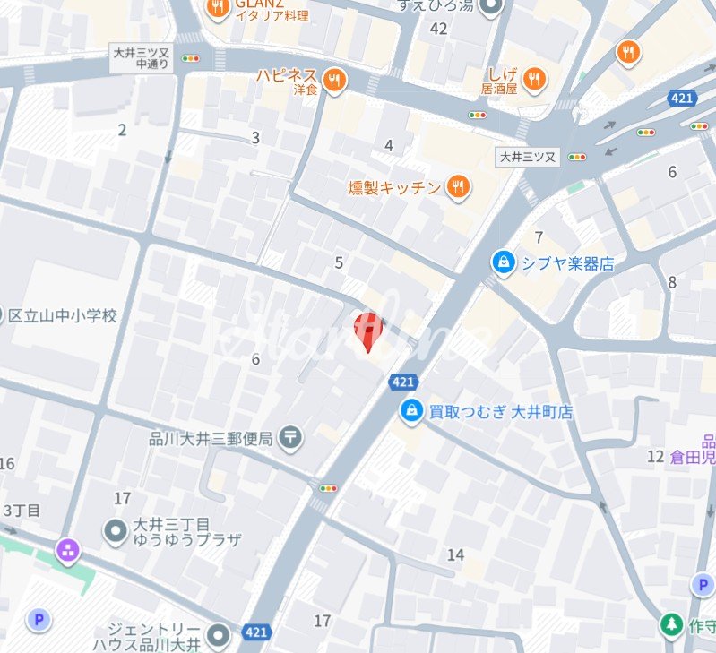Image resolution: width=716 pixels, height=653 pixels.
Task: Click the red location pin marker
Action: [367, 331]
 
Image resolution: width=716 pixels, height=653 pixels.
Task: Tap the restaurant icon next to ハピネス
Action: [335, 80]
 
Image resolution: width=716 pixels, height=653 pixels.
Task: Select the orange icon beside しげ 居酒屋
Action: [534, 80]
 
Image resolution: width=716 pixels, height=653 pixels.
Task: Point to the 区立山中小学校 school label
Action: [63, 315]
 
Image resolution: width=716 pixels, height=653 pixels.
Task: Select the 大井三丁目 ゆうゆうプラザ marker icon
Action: [116, 530]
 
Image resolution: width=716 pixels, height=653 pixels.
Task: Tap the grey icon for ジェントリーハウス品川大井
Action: [219, 635]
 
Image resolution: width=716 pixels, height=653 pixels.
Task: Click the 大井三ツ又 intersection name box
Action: [527, 157]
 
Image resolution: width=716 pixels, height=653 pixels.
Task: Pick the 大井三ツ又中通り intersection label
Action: [142, 58]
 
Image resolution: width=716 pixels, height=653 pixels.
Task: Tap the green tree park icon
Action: [670, 624]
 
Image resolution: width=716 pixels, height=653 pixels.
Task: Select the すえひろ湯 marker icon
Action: [491, 7]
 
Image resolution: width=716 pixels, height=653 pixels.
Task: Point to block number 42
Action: [438, 29]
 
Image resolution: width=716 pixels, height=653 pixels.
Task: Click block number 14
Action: [455, 554]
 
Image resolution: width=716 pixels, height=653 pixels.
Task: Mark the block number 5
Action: [339, 262]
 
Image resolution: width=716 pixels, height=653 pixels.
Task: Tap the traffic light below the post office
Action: [328, 488]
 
